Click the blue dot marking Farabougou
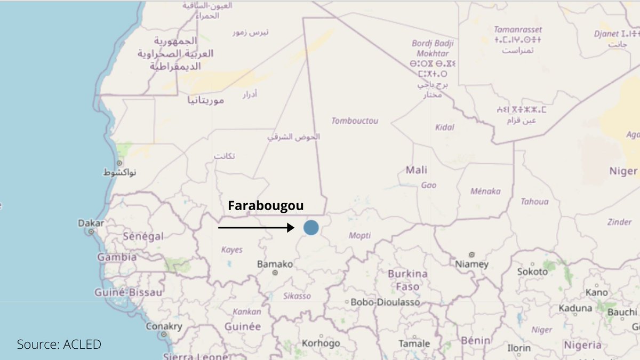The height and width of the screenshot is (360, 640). [311, 228]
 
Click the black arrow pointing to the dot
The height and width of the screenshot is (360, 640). [256, 228]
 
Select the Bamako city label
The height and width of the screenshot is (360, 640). [275, 264]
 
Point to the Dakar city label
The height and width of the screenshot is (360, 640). [91, 223]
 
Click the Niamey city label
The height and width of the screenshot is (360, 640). [471, 264]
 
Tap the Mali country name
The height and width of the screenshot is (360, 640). [417, 170]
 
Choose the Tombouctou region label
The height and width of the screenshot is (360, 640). [355, 121]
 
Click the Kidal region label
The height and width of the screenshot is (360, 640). [445, 127]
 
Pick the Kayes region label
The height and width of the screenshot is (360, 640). [231, 250]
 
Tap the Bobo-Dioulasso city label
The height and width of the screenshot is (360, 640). [385, 302]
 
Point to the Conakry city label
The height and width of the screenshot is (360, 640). [164, 326]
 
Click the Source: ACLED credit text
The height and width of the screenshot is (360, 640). [59, 345]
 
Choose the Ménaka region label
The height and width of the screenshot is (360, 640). [485, 191]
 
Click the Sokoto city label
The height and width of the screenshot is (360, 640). [532, 271]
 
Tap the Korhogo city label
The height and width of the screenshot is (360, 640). [321, 343]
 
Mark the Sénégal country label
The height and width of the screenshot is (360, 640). [143, 236]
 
